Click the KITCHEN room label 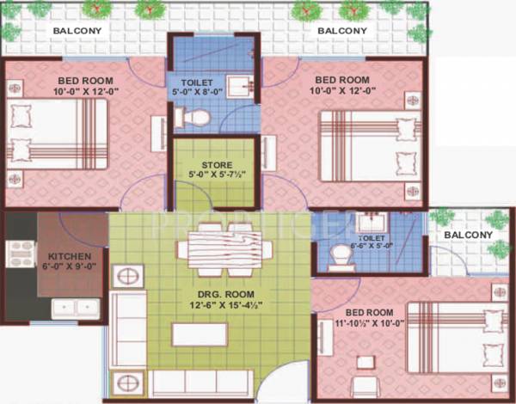click(64, 257)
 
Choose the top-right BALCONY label click(342, 32)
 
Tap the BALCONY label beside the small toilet click(470, 234)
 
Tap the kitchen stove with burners click(20, 254)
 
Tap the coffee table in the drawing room click(200, 334)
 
